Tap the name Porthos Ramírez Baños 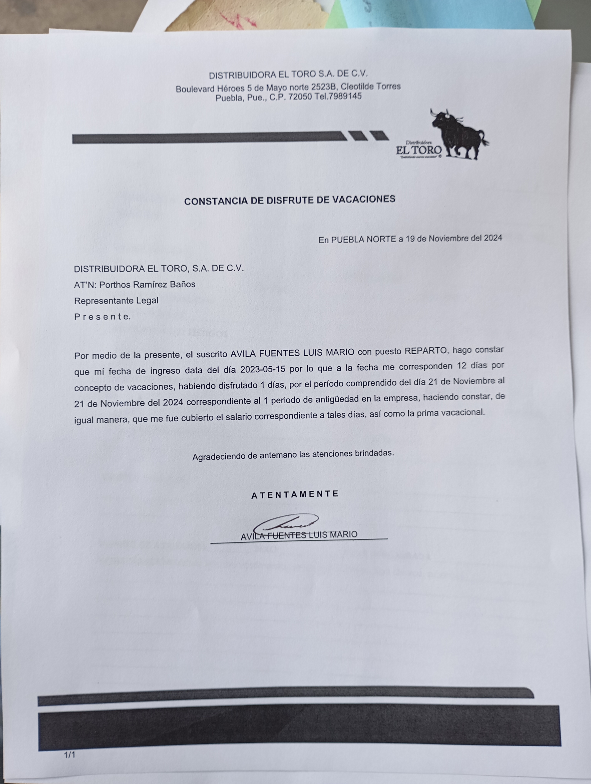(x=147, y=284)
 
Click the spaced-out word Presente (x=102, y=316)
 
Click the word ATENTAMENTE (x=295, y=494)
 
